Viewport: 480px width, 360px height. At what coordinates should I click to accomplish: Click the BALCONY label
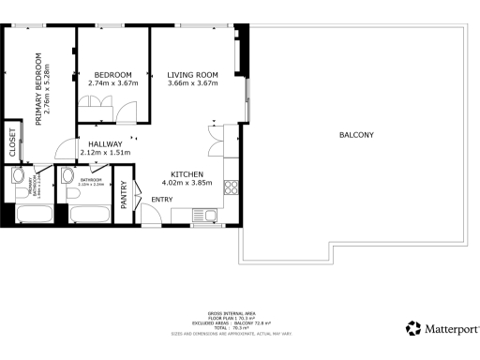pos(356,135)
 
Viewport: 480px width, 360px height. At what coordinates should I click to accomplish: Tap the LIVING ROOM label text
pos(192,75)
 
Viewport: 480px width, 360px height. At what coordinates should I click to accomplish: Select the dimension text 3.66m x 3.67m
pos(192,83)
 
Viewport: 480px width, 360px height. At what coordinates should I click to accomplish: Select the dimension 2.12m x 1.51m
pos(105,152)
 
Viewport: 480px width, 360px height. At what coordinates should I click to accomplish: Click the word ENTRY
pos(162,199)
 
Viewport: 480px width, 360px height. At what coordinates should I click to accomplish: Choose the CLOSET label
pos(13,142)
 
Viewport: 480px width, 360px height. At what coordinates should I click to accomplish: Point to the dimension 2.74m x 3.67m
pos(112,83)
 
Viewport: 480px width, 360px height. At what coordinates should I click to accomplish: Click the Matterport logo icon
pos(413,328)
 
